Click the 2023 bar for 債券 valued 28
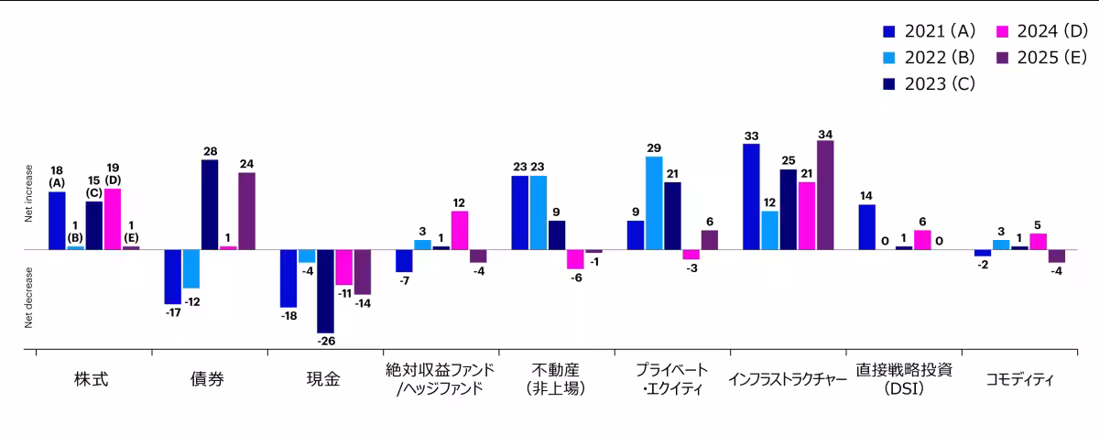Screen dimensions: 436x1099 click(210, 204)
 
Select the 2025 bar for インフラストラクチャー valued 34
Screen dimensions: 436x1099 click(825, 194)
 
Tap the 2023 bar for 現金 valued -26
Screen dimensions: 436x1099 click(325, 291)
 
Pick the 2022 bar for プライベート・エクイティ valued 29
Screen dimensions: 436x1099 click(654, 202)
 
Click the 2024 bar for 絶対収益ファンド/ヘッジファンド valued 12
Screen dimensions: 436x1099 click(460, 230)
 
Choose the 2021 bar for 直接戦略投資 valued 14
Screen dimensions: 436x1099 click(866, 226)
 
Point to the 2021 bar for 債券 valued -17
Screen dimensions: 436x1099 click(172, 277)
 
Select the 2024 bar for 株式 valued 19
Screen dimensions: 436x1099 click(113, 219)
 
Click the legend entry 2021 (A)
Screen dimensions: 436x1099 click(930, 31)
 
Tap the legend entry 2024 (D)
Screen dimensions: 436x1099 click(1042, 31)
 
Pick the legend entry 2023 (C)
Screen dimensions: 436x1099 click(930, 82)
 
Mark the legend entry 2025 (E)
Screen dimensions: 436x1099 click(1042, 57)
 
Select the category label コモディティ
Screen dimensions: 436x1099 click(1020, 378)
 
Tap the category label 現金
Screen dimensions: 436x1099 click(325, 378)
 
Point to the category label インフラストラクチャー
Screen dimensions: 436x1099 click(787, 378)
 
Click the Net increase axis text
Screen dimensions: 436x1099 click(29, 194)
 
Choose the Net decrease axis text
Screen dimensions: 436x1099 click(29, 298)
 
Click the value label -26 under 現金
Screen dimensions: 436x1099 click(325, 342)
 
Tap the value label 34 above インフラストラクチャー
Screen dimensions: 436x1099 click(825, 134)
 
